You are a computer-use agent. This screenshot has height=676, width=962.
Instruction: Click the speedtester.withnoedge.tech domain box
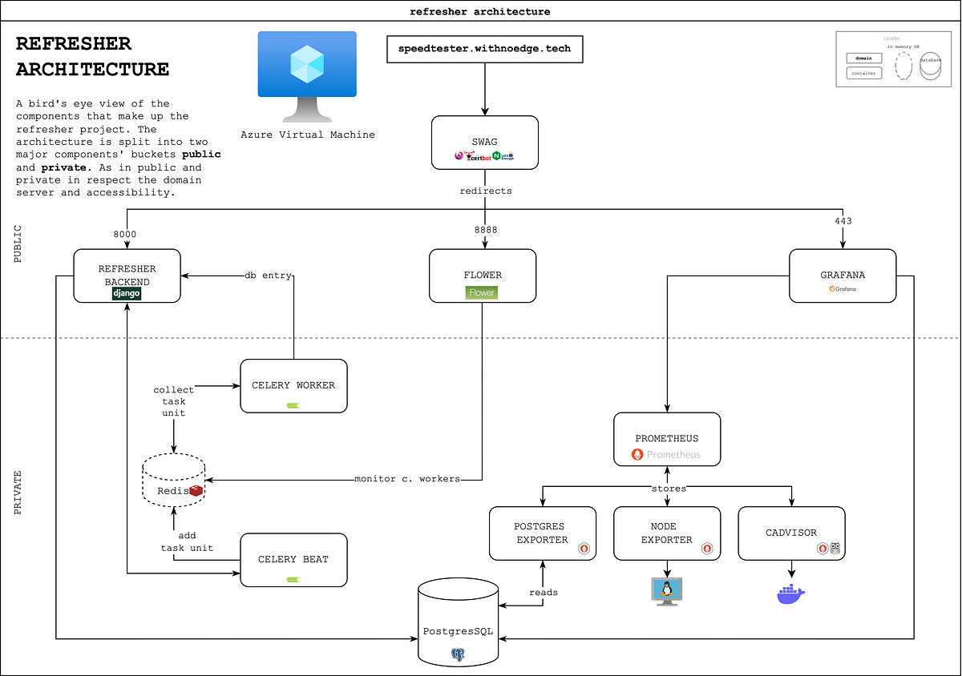[485, 48]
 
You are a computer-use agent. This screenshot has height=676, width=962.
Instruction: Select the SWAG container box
[485, 143]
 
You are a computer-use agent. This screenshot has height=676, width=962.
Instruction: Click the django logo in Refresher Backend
[127, 293]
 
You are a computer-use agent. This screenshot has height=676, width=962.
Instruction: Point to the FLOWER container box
[483, 276]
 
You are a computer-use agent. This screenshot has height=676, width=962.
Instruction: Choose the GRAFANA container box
[843, 276]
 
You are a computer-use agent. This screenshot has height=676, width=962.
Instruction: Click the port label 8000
[125, 233]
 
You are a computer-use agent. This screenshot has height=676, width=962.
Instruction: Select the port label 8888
[485, 230]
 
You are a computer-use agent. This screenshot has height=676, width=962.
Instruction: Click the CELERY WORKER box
[293, 386]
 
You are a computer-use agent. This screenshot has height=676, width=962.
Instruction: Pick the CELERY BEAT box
[293, 560]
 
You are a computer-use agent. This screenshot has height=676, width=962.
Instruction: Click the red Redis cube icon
[196, 490]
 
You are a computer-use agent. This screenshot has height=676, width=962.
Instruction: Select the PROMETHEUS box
[666, 439]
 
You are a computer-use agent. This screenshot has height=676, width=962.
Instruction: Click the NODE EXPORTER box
[666, 533]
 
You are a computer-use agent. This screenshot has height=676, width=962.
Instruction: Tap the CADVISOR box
[791, 533]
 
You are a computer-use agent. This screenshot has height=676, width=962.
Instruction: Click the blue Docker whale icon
[790, 594]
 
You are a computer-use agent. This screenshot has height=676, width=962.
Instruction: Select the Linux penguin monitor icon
[666, 590]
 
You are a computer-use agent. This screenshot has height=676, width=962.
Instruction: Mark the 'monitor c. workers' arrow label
[407, 479]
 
